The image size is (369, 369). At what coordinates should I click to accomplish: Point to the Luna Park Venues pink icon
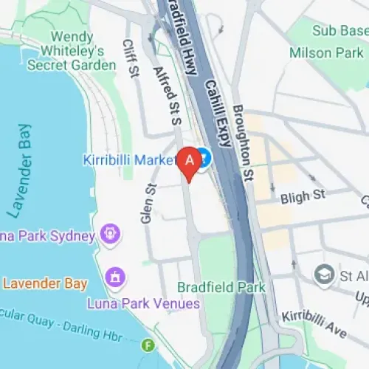pos(115,278)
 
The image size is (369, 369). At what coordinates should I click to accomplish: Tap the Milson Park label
pos(327,53)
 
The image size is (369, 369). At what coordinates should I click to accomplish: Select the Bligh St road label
pos(303,197)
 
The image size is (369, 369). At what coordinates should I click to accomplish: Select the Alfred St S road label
pos(167,94)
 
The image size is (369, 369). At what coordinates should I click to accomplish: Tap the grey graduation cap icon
pos(323,274)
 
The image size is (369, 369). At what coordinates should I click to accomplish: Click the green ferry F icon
pos(149,344)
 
